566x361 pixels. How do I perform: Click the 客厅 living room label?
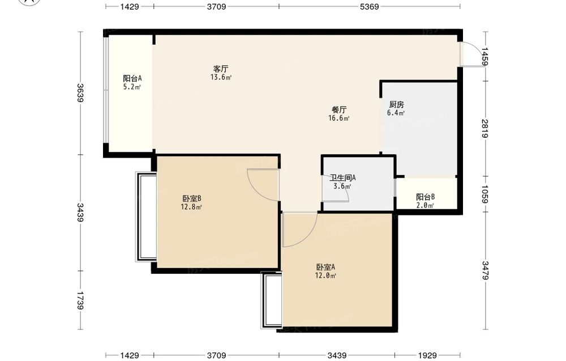click(x=221, y=69)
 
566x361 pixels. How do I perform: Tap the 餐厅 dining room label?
click(x=339, y=109)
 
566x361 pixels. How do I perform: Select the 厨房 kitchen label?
click(x=396, y=104)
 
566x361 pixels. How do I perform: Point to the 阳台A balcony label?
click(x=132, y=78)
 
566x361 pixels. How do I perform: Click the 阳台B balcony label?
click(x=425, y=197)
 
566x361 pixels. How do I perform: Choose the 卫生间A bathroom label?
click(x=342, y=177)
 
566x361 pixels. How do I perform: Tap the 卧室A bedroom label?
click(x=325, y=267)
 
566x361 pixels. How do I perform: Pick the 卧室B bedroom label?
click(x=191, y=198)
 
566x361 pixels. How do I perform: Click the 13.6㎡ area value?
click(x=221, y=77)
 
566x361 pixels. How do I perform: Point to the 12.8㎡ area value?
click(x=191, y=207)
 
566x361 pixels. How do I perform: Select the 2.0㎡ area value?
click(x=425, y=206)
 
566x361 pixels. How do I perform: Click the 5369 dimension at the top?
click(x=369, y=6)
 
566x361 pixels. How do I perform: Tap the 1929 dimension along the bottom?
click(x=427, y=355)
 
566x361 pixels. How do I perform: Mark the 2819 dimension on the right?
click(x=484, y=128)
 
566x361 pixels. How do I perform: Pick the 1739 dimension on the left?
click(x=80, y=301)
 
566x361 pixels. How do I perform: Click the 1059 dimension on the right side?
click(x=484, y=194)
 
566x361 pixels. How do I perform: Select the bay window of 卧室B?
click(x=146, y=216)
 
